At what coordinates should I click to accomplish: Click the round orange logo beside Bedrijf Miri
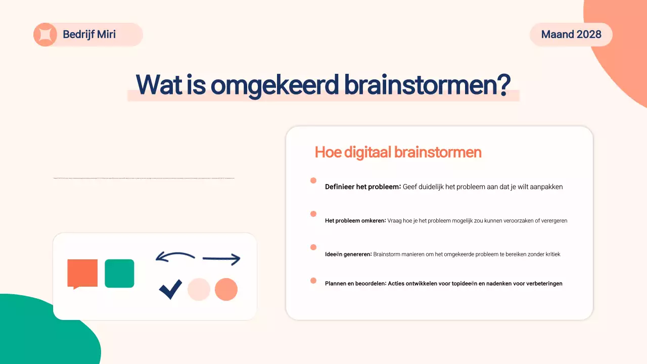45,34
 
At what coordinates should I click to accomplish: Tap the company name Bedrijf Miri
89,34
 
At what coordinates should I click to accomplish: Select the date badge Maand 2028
571,34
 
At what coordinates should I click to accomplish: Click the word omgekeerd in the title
274,85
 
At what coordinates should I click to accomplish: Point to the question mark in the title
502,85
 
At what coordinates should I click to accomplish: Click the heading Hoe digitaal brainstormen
398,152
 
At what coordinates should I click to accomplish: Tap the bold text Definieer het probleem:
362,187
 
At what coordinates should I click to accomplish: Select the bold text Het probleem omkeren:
355,220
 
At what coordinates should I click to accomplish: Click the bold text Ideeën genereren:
348,254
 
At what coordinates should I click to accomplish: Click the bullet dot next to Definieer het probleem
313,180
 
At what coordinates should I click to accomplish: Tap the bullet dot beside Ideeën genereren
313,247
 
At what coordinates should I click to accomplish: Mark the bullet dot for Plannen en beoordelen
313,281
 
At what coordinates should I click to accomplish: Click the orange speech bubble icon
82,273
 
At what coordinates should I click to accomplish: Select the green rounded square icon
119,274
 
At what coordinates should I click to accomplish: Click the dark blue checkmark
170,289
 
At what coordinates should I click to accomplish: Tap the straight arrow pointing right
221,259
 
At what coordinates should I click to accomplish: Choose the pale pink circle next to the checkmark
199,290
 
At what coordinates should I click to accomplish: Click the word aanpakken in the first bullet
545,187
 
